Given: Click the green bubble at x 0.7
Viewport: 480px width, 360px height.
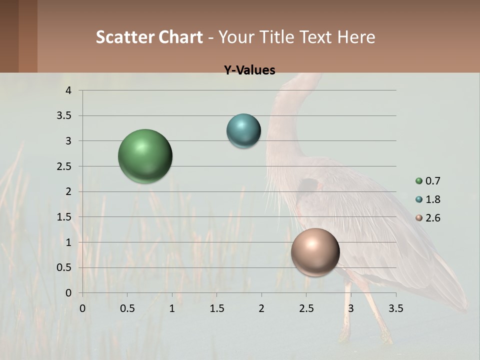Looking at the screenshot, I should [145, 156].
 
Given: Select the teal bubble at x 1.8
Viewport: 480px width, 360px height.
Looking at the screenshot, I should [243, 131].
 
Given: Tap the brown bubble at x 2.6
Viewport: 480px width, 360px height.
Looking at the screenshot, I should [315, 252].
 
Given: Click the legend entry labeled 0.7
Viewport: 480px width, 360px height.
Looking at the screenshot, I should [428, 181].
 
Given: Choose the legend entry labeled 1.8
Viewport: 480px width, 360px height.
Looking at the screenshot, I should [428, 199].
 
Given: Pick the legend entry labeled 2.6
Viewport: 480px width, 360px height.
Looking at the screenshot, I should [428, 218].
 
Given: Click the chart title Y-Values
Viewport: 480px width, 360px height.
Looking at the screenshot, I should [249, 70].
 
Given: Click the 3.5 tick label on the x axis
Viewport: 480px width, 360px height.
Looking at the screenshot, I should [395, 308].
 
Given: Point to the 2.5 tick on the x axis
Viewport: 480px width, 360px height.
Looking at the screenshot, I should [306, 308].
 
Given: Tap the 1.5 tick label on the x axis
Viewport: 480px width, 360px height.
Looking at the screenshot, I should [216, 308].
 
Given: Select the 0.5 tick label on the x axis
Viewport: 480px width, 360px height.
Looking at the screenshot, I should [127, 308].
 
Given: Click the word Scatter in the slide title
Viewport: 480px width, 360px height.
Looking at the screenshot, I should [125, 37].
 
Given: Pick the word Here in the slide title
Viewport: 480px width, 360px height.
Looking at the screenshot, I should [356, 37].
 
